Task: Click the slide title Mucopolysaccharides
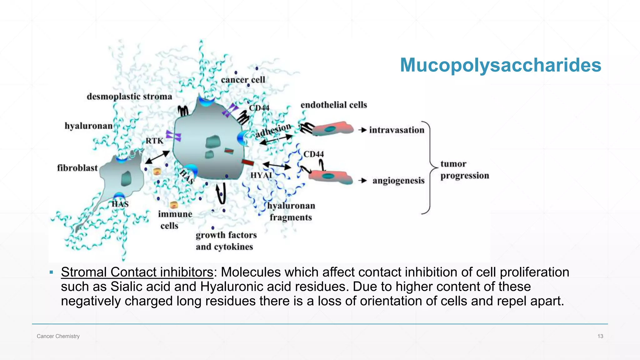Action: point(500,65)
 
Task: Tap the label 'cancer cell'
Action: point(243,80)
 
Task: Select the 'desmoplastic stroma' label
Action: point(129,97)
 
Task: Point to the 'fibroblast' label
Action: point(77,168)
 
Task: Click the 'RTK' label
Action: point(154,141)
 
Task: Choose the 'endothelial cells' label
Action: point(333,105)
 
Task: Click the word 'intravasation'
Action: point(397,130)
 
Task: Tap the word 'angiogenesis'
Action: point(398,181)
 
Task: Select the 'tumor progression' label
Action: point(464,170)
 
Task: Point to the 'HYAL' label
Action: point(261,175)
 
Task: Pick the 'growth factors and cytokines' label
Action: point(226,241)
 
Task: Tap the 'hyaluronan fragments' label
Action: point(291,212)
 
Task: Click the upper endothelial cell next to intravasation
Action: point(332,128)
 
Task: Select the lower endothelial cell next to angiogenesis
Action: point(331,177)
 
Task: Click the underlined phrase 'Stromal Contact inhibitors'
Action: point(137,272)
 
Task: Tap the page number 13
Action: point(600,336)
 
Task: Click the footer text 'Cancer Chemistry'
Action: point(58,336)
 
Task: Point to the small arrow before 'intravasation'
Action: point(362,130)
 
